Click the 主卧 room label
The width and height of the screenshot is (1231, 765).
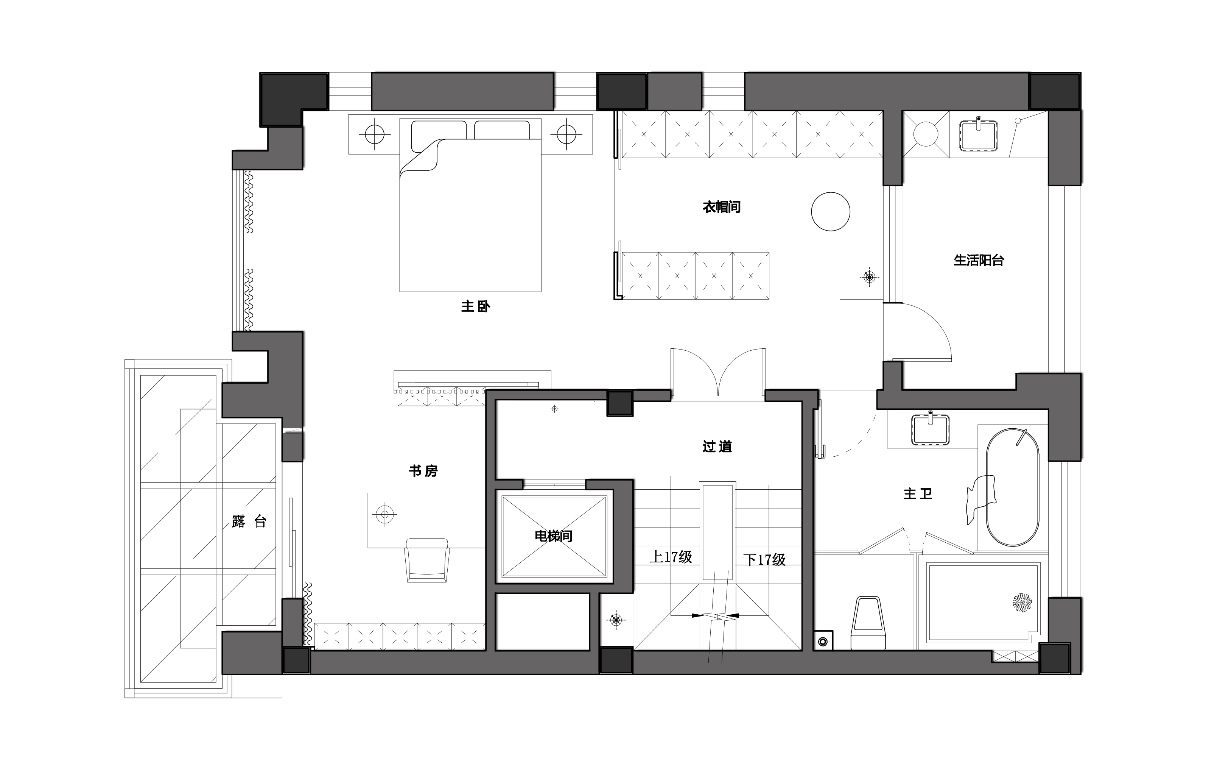475,306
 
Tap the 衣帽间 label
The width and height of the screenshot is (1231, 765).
721,207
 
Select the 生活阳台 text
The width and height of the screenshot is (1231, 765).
978,260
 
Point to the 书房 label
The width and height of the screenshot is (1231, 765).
423,471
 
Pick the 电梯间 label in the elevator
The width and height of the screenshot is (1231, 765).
554,536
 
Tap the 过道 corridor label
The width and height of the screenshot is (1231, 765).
717,446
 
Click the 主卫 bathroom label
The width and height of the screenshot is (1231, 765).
918,493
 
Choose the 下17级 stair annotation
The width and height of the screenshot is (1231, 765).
764,560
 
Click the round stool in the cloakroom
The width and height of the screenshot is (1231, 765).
831,211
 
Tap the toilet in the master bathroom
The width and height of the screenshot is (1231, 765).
868,623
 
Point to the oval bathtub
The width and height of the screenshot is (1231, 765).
1013,487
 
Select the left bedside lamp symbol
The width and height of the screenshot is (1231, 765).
375,134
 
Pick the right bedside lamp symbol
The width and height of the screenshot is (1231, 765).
566,134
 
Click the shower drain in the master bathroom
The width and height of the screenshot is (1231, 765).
1022,603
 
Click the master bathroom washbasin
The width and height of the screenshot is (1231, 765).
930,430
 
